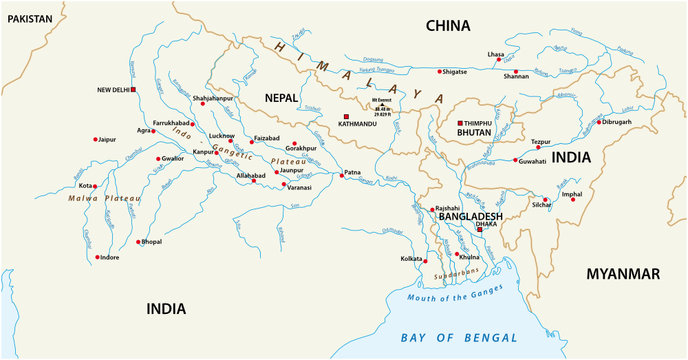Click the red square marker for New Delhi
133,90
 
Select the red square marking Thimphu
460,122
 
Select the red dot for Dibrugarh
595,122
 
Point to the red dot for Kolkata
429,259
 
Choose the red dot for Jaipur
96,139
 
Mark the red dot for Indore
96,257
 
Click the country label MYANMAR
623,273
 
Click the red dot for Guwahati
515,160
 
